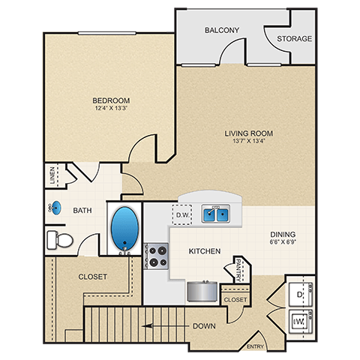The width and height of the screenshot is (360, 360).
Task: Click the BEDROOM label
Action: pos(112,100)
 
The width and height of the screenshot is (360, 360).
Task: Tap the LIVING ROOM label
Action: pos(248,134)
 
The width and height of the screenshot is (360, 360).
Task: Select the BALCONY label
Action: pos(221,31)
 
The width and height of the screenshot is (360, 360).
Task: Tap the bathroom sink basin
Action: pos(58,208)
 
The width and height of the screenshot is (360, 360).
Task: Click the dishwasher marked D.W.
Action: pos(184,215)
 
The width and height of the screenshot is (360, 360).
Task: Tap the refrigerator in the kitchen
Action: pos(200,289)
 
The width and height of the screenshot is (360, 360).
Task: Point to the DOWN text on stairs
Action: pos(204,326)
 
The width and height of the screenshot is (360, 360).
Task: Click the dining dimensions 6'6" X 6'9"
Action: pos(283,243)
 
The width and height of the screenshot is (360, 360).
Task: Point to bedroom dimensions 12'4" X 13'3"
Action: pos(112,109)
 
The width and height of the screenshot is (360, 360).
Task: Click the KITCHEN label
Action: pos(203,250)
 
